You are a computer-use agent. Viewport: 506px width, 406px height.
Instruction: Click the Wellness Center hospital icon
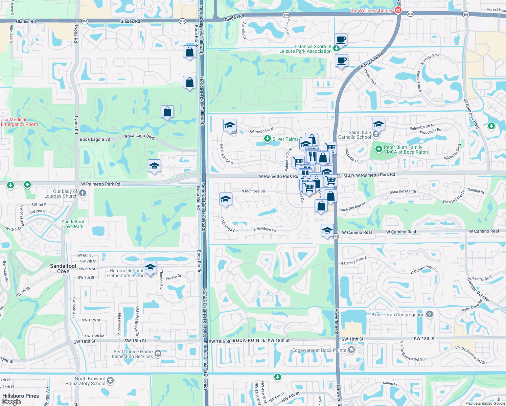click(x=398, y=10)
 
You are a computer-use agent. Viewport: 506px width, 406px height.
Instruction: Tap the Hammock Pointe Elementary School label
click(x=126, y=273)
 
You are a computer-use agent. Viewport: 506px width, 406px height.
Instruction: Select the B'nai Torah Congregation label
click(x=398, y=315)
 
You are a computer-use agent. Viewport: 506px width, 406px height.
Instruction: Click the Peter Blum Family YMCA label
click(x=406, y=150)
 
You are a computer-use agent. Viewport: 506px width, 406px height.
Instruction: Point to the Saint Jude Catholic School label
click(x=354, y=135)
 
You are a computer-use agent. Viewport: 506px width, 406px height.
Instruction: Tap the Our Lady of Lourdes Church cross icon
click(x=83, y=193)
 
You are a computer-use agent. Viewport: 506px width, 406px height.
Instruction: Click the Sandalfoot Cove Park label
click(x=73, y=224)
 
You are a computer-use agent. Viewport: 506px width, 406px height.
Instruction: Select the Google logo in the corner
click(x=11, y=402)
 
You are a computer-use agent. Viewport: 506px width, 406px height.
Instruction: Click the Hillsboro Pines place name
click(x=21, y=396)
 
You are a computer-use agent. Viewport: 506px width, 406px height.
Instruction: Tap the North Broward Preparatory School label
click(x=90, y=381)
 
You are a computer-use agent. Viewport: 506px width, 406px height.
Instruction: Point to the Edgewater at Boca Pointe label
click(x=319, y=350)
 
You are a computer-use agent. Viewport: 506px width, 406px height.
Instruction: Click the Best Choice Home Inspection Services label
click(x=133, y=354)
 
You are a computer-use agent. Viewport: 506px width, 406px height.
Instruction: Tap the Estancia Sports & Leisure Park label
click(x=305, y=49)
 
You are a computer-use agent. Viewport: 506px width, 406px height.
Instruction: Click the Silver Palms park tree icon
click(x=268, y=139)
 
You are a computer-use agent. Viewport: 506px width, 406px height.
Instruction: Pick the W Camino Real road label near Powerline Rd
click(x=356, y=232)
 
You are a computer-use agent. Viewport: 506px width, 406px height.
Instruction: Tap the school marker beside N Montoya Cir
click(x=226, y=199)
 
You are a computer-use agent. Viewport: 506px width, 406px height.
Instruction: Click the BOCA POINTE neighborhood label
click(x=249, y=340)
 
